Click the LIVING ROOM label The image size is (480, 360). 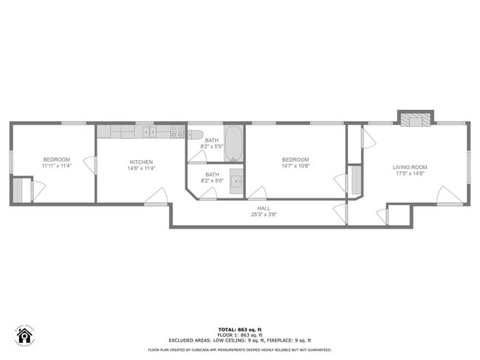410,167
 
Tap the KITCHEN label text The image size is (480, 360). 142,162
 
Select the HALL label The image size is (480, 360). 264,209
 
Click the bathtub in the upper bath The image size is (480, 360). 234,142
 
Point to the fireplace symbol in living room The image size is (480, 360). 415,121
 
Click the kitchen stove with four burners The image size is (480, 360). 178,131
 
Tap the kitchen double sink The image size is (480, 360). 150,131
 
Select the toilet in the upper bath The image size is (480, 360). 194,134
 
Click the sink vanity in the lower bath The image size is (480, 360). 236,179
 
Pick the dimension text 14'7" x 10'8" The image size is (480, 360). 295,166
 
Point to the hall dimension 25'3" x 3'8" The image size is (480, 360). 264,215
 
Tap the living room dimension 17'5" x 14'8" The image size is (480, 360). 410,174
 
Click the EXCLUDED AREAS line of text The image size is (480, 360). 240,340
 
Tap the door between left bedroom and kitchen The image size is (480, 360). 92,165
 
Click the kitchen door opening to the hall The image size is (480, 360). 155,196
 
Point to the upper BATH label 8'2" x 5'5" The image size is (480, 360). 212,143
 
